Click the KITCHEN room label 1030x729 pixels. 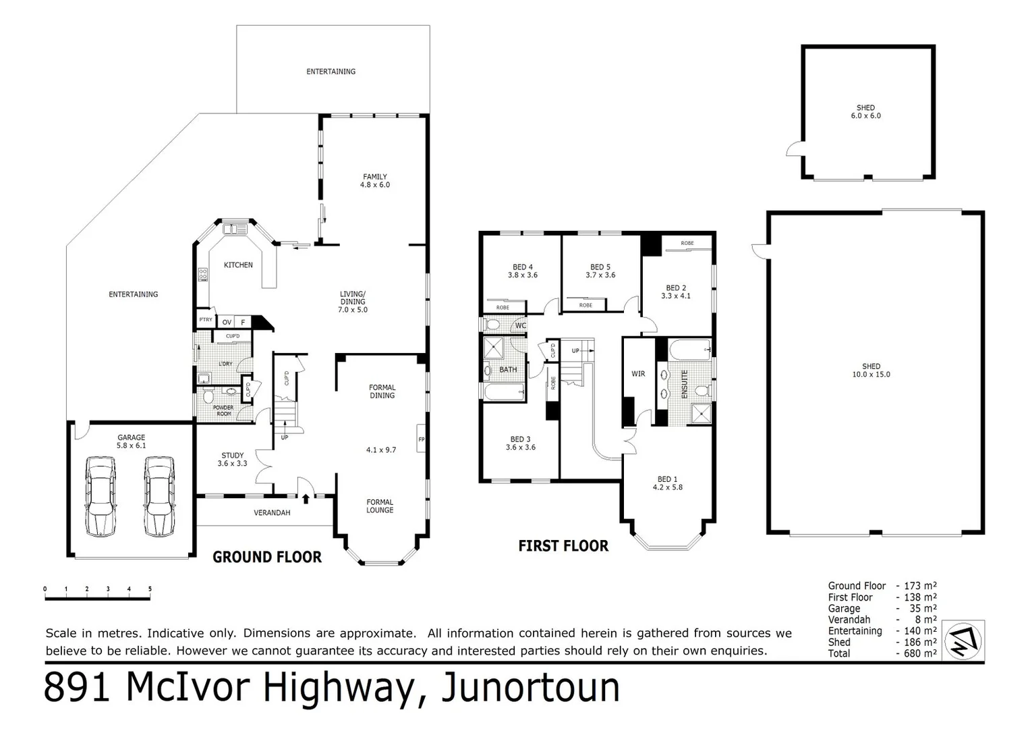(238, 265)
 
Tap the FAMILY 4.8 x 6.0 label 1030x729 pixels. (375, 180)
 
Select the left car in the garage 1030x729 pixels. (101, 497)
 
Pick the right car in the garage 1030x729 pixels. (159, 497)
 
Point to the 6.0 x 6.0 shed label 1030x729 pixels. (866, 112)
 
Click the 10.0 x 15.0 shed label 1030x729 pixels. (871, 371)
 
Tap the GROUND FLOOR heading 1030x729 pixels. (267, 558)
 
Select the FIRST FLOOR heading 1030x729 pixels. (563, 546)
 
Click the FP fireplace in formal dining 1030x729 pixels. (421, 439)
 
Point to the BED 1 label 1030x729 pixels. (667, 479)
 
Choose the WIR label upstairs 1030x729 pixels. (638, 374)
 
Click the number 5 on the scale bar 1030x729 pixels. (150, 589)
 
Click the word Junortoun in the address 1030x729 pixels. (531, 688)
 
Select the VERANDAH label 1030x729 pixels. (272, 513)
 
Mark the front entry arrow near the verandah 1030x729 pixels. (306, 499)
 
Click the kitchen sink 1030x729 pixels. (235, 229)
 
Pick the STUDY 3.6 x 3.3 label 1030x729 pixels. (232, 459)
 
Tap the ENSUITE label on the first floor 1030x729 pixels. (684, 384)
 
